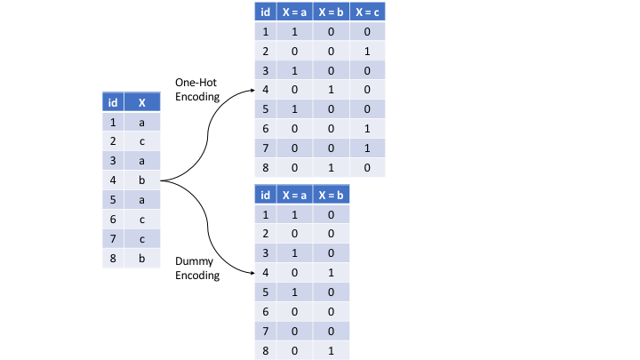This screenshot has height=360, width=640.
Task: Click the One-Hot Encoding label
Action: coord(196,89)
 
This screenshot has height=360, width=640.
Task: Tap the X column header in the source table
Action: coord(142,102)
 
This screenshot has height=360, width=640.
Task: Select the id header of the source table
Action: coord(112,102)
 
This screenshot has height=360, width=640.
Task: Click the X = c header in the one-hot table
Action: coord(366,12)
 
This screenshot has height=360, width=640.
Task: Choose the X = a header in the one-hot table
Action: coord(294,12)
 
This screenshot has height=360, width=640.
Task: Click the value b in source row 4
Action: coord(142,180)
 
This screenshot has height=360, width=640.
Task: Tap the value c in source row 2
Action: coord(142,141)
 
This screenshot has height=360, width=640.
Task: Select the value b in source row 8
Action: coord(142,259)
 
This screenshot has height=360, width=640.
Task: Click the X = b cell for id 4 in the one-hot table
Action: coord(331,89)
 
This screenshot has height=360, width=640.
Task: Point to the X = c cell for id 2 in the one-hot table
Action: coord(366,51)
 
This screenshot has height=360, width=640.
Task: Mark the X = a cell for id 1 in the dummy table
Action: coord(294,214)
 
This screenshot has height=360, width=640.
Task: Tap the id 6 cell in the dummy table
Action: coord(265,311)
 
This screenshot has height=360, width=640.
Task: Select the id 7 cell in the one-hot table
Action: coord(265,148)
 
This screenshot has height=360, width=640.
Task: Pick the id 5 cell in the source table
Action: coord(112,200)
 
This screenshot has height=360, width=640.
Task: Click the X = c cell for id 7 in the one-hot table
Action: coord(366,148)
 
